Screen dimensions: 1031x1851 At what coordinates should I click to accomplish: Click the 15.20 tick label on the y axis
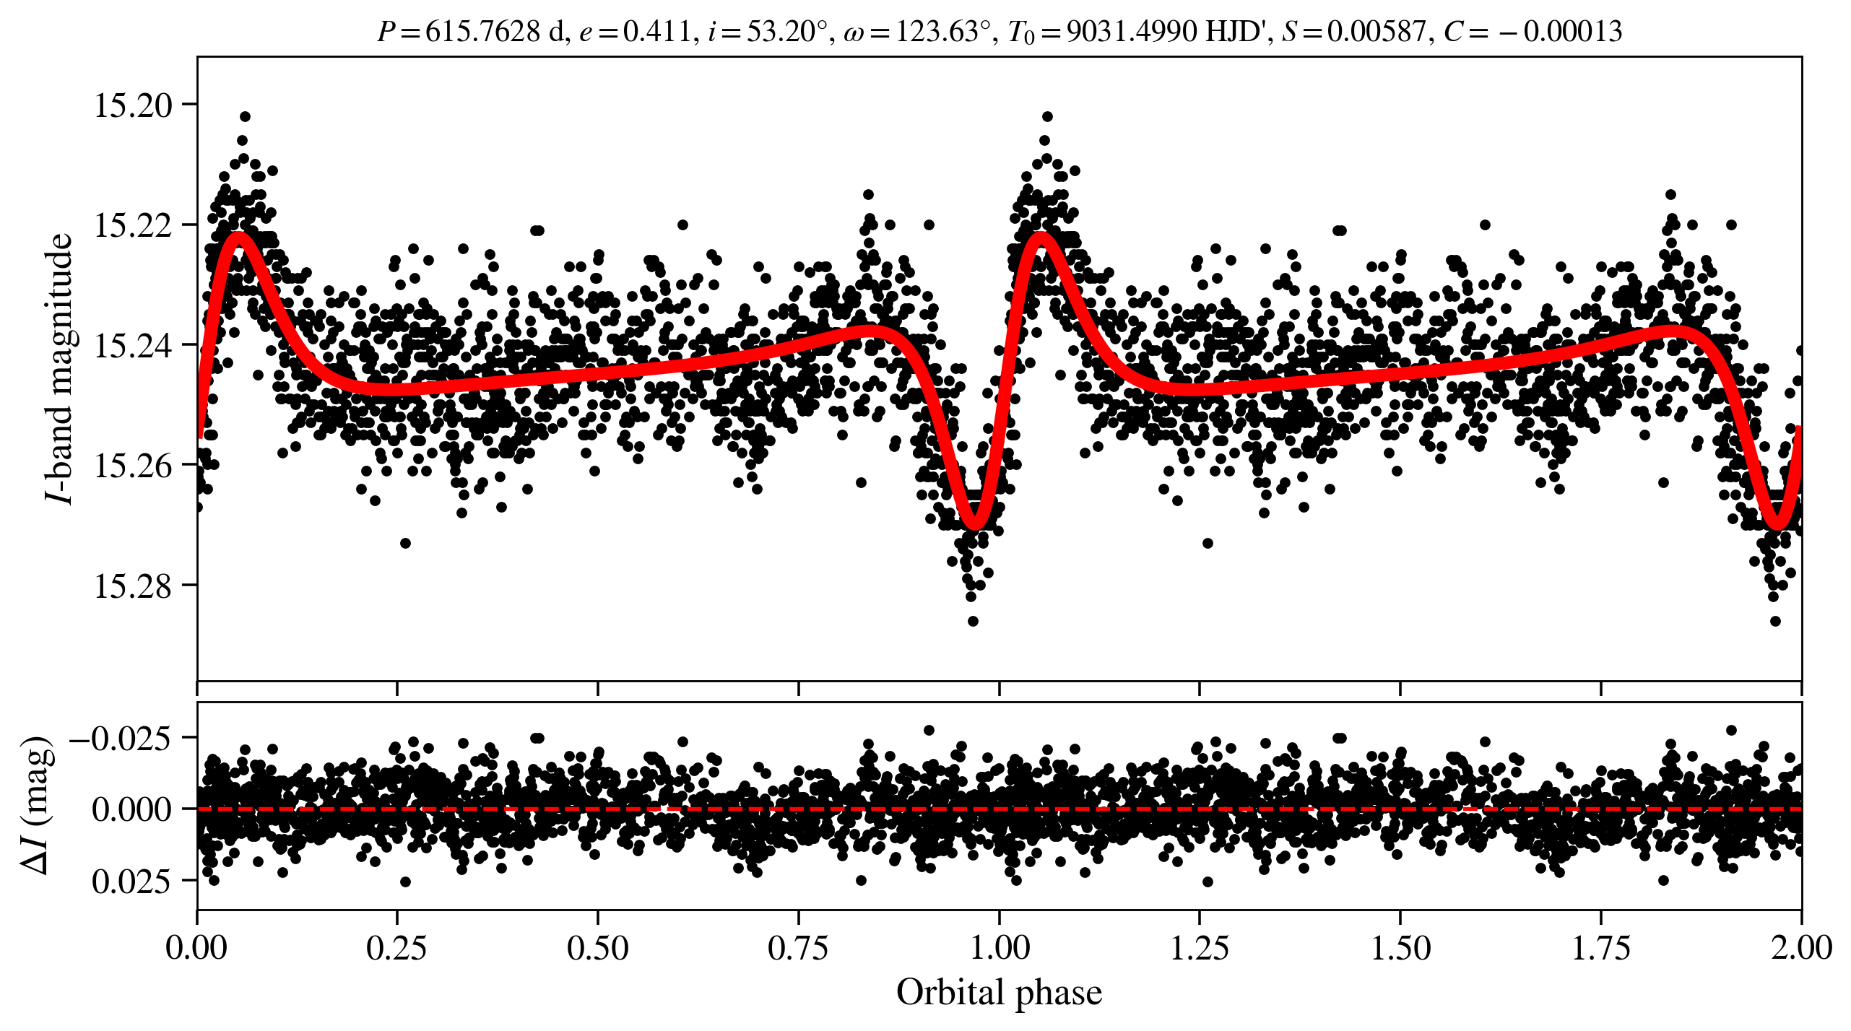click(x=134, y=105)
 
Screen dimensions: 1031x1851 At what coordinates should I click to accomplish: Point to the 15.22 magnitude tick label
click(x=134, y=225)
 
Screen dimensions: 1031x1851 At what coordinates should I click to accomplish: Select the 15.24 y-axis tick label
click(x=134, y=346)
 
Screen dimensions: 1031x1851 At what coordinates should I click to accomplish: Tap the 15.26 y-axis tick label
click(x=134, y=466)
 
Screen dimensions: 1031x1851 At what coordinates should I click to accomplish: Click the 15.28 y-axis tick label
click(x=134, y=586)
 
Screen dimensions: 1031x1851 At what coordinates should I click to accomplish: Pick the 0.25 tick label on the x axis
click(x=396, y=948)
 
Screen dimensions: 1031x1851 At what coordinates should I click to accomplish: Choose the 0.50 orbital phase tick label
click(x=597, y=948)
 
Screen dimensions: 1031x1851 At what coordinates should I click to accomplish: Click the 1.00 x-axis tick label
click(x=999, y=948)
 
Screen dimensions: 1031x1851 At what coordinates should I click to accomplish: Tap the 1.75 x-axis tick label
click(x=1601, y=948)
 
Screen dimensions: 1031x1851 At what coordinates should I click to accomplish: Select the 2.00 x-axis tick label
click(x=1801, y=948)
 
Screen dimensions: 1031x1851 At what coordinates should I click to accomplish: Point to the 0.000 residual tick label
click(x=131, y=809)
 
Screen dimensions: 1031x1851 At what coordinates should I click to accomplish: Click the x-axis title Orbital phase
click(x=999, y=993)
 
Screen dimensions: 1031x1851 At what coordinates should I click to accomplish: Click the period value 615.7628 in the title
click(x=482, y=32)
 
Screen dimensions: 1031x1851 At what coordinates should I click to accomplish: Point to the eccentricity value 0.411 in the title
click(x=656, y=32)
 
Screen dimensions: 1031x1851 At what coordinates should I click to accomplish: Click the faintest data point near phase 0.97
click(x=973, y=621)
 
